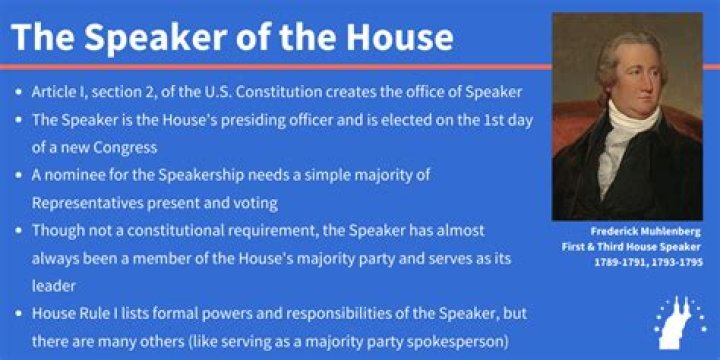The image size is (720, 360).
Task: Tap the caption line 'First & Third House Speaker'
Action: click(628, 247)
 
